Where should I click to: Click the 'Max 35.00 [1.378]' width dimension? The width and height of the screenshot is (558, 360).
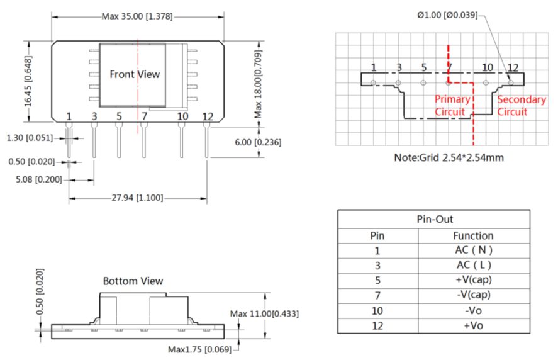[x=137, y=16]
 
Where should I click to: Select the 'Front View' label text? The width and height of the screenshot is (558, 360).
[x=135, y=74]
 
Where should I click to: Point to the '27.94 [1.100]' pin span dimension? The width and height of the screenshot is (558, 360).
[x=137, y=198]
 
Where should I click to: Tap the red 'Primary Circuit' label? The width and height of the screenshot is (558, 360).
[x=452, y=106]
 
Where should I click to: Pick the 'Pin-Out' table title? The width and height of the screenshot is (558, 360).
[x=434, y=220]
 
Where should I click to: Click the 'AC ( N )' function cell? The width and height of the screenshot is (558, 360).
[x=473, y=250]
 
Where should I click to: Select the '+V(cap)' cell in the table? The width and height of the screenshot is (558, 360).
[x=473, y=279]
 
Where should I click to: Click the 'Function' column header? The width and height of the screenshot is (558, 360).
[x=473, y=235]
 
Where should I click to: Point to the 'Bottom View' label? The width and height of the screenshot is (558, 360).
[x=133, y=281]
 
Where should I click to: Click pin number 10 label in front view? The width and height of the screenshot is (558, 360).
[x=182, y=116]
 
